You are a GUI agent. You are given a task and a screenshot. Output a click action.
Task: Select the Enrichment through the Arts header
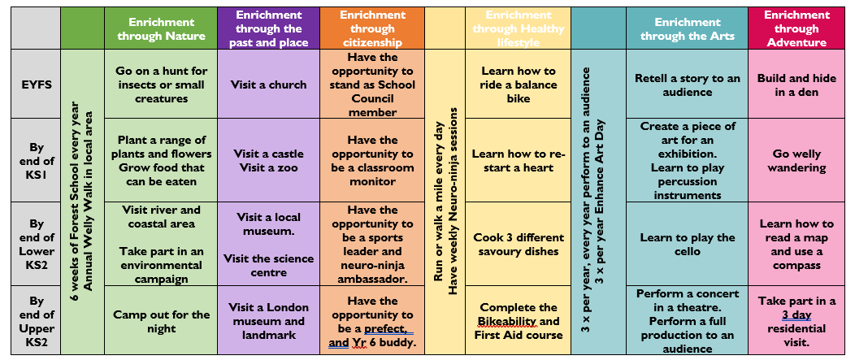click(688, 28)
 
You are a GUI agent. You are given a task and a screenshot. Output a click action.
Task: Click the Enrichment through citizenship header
click(372, 28)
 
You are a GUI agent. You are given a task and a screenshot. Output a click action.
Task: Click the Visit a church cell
click(268, 85)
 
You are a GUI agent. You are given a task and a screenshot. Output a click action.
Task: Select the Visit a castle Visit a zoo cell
click(268, 161)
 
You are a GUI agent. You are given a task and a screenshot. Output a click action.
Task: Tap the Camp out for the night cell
click(161, 321)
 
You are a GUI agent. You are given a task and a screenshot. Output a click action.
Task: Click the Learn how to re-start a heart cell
click(518, 161)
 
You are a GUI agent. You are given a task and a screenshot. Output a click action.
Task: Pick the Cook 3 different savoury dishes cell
click(518, 245)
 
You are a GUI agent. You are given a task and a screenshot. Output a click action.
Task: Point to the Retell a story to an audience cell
click(688, 85)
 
